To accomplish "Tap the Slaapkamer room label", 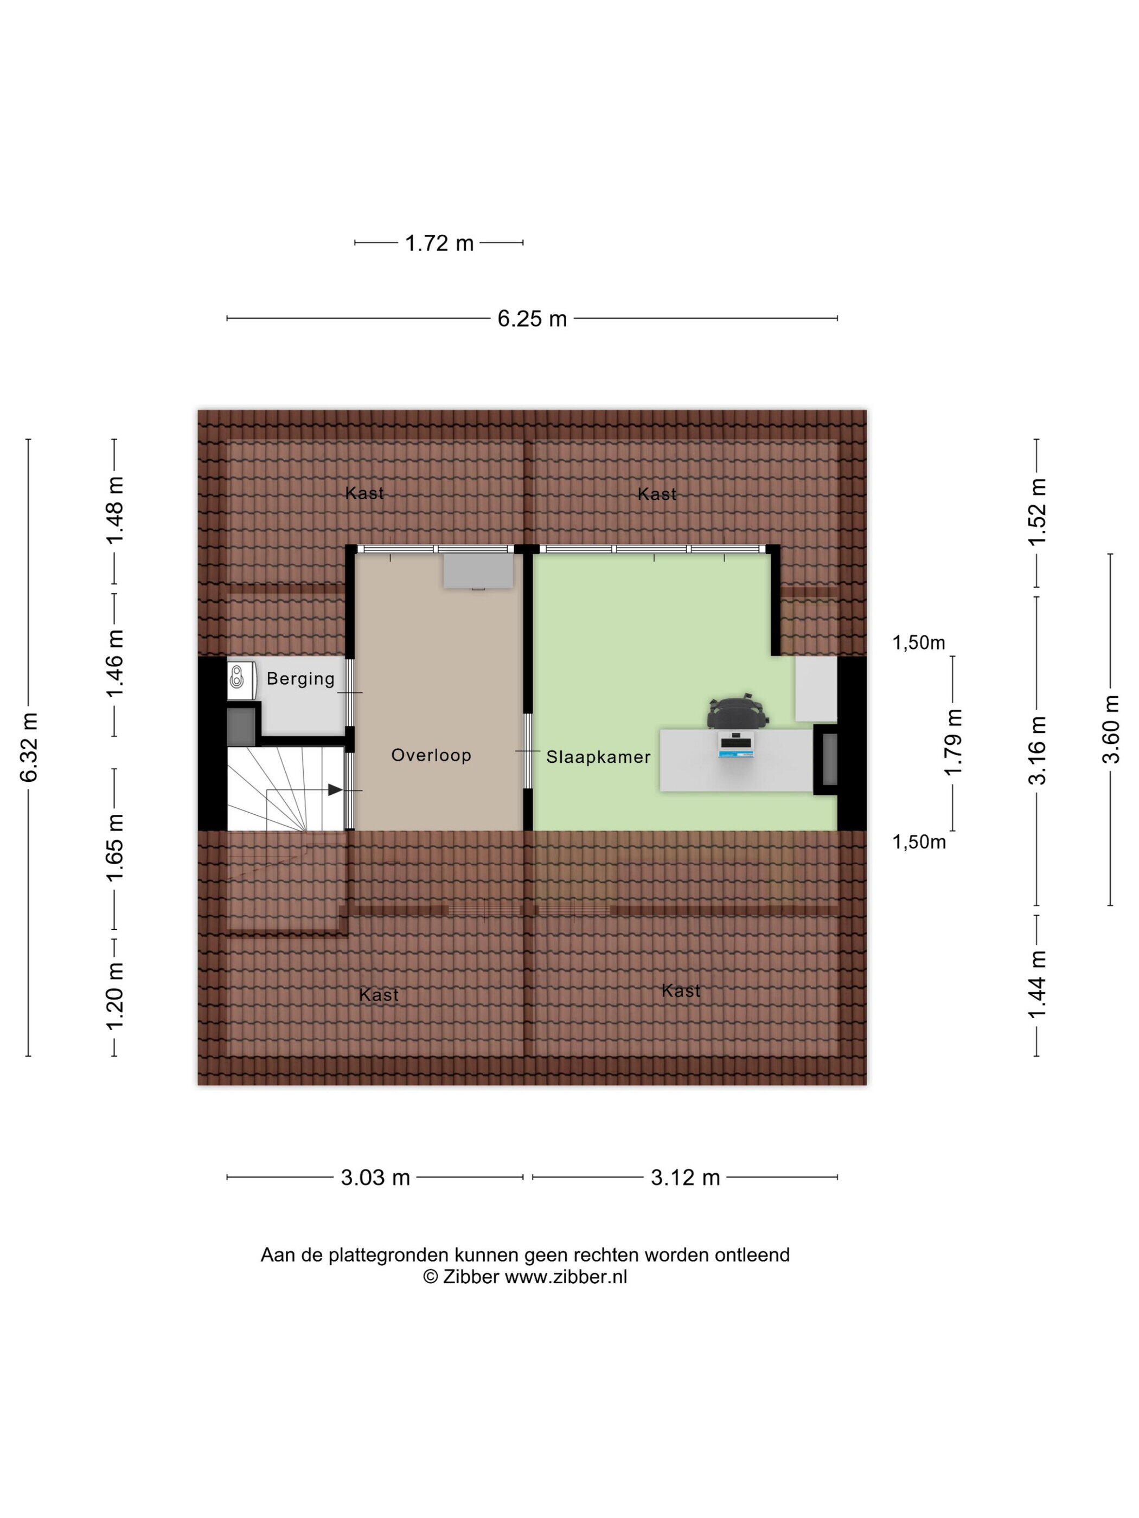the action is point(598,757).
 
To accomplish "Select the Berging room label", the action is point(300,679).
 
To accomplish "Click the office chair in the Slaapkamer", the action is point(737,711).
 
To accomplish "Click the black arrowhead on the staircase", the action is point(335,790).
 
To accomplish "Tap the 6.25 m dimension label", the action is point(532,318).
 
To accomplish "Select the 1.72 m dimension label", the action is point(439,243).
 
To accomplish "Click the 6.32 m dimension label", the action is point(29,747).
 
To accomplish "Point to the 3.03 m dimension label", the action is point(375,1178).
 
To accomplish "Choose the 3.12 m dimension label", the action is point(685,1178).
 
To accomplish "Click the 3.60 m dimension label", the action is point(1111,729).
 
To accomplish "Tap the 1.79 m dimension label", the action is point(953,742).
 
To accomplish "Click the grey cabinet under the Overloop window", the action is point(478,571).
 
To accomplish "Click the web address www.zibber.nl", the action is point(566,1276).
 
